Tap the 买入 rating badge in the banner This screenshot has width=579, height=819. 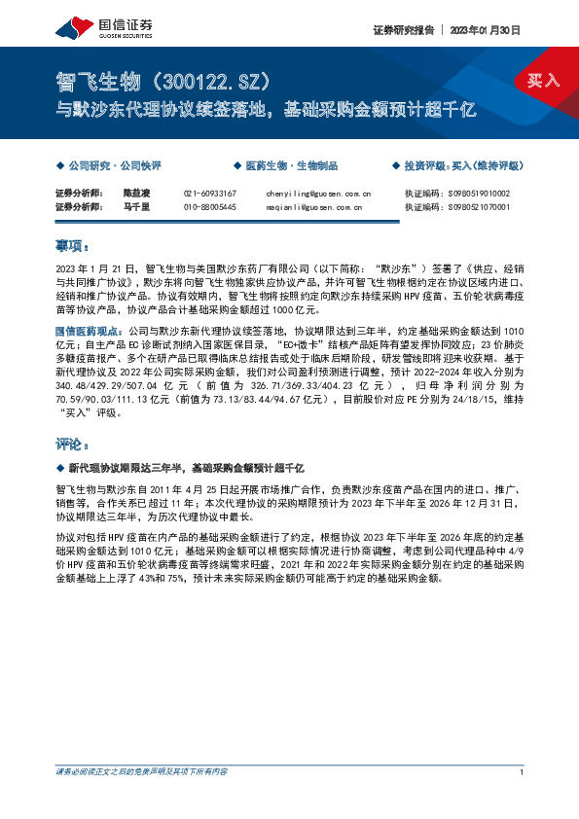tap(544, 80)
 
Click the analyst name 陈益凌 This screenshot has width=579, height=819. tap(136, 194)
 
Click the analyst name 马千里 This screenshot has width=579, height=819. tap(136, 207)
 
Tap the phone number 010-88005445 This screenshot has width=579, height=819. tap(209, 207)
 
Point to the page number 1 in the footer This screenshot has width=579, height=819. tap(523, 771)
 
